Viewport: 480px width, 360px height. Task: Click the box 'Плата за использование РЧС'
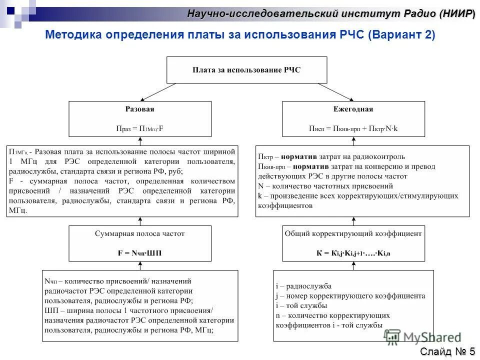[246, 70]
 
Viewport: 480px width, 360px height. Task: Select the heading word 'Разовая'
[139, 109]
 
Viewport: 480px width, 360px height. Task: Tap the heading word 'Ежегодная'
[353, 109]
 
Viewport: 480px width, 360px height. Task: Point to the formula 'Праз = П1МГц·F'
[139, 128]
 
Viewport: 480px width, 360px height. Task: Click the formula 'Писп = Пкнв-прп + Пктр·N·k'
[353, 128]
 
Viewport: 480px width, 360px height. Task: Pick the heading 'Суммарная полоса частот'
[139, 233]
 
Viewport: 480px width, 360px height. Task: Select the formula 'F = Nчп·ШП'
[139, 253]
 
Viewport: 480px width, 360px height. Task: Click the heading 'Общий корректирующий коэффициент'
[353, 233]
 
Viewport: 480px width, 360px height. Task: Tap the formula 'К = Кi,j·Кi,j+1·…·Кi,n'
[353, 253]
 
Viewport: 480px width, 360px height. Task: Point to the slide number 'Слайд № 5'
[447, 351]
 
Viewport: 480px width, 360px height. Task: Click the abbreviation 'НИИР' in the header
[456, 13]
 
